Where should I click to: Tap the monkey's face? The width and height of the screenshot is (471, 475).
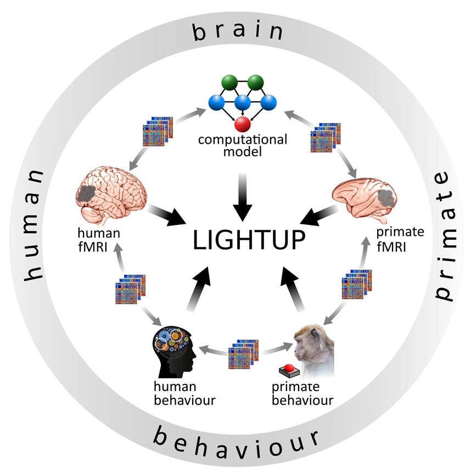(x=305, y=343)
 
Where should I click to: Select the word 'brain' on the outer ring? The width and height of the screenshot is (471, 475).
(x=238, y=32)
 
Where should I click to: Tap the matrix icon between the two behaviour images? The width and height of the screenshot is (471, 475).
(x=243, y=355)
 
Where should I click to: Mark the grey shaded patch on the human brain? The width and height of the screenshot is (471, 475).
(x=87, y=193)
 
